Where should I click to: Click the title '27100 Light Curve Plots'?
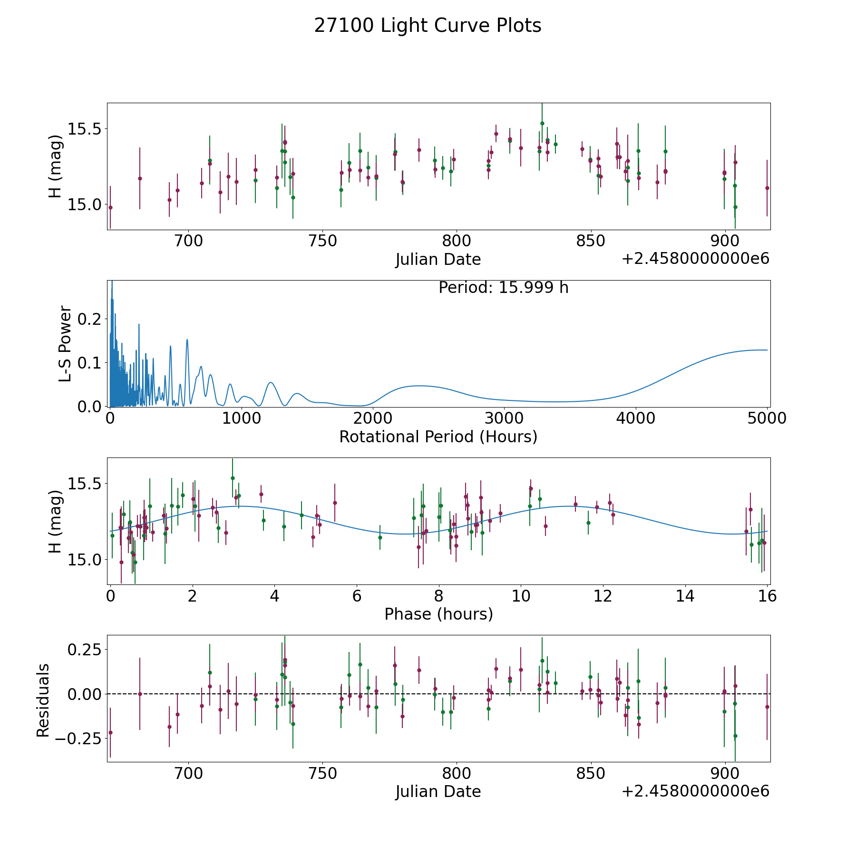pos(428,26)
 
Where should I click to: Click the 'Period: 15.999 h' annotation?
pos(503,288)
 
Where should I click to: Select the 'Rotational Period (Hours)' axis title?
pos(438,437)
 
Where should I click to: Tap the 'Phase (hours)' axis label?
pos(438,614)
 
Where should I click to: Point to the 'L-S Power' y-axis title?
pos(65,343)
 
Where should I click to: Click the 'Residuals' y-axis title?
pos(43,700)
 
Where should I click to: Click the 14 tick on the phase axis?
pos(685,596)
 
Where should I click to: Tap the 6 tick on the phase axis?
pos(357,596)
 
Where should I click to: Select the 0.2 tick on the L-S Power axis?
pos(90,319)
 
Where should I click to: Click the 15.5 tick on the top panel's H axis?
pos(85,129)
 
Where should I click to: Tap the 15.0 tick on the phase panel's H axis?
pos(85,560)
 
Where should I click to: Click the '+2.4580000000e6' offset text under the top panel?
pos(695,259)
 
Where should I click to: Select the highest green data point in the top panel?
pos(542,123)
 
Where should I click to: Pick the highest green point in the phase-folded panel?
pos(233,478)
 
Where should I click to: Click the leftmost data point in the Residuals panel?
pos(110,732)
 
